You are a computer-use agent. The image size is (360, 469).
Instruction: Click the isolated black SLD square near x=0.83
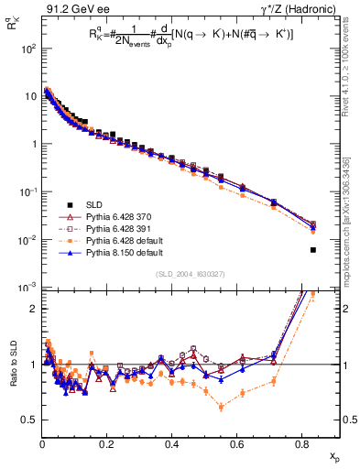[x=313, y=250]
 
